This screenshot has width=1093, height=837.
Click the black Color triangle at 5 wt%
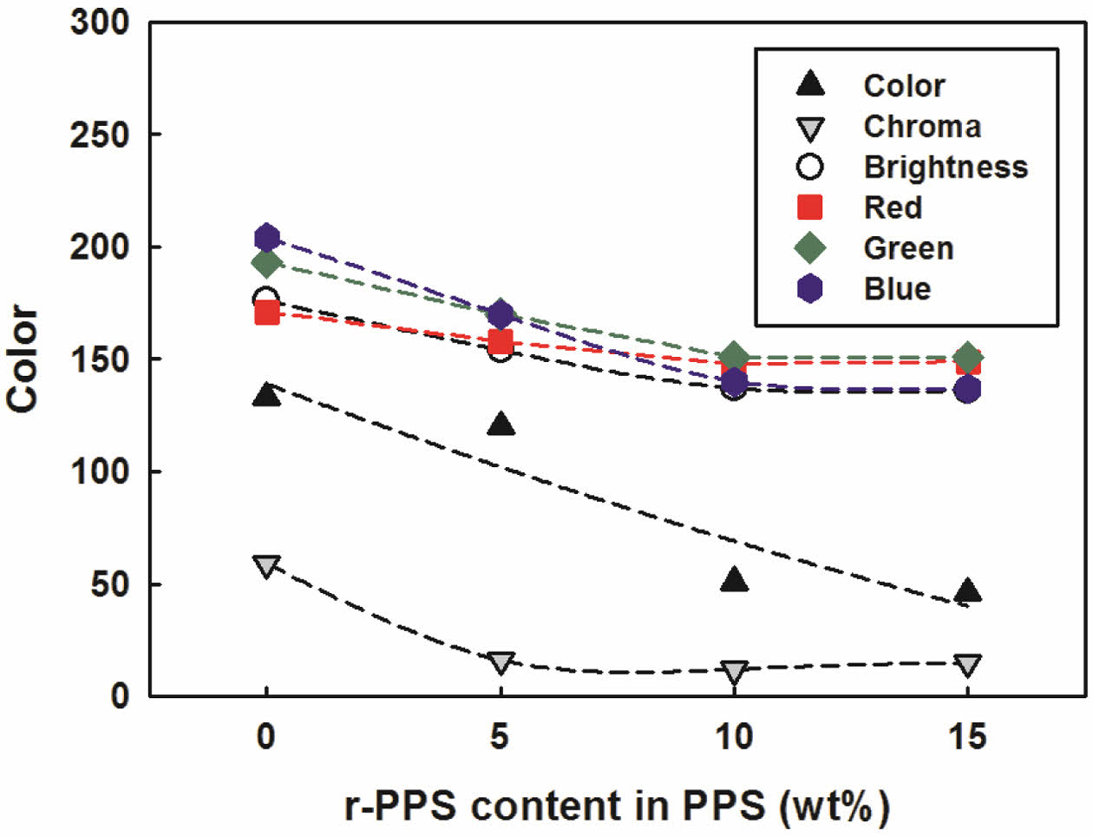tap(501, 425)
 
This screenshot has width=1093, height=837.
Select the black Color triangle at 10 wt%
tap(734, 580)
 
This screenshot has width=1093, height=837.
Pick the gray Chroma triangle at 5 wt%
tap(501, 662)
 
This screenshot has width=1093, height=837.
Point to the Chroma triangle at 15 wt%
tap(967, 666)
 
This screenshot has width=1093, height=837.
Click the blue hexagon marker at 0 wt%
tap(266, 237)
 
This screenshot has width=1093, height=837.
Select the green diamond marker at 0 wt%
tap(266, 262)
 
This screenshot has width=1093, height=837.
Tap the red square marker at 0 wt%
tap(266, 312)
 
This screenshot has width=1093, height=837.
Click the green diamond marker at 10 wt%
tap(734, 355)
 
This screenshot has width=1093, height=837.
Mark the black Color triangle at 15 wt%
tap(967, 591)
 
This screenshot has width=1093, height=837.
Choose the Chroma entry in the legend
tap(921, 127)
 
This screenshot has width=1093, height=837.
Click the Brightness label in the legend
tap(945, 167)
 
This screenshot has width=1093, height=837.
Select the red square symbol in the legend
tap(809, 208)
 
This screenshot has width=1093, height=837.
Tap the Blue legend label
tap(896, 288)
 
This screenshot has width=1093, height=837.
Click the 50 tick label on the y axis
tap(109, 584)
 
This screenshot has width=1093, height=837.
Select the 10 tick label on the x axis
tap(734, 737)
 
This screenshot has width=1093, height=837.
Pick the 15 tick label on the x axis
tap(967, 737)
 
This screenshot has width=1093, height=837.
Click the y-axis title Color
tap(23, 359)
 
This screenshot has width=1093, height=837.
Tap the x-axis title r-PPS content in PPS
tap(617, 806)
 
